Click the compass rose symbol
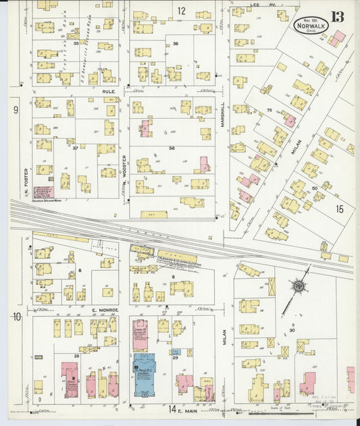pos(298,286)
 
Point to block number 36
pos(176,43)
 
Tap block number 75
pos(269,109)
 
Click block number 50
pos(314,188)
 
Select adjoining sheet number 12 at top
pos(181,10)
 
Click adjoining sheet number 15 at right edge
pos(340,209)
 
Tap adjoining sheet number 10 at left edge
pos(16,316)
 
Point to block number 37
pos(76,148)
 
